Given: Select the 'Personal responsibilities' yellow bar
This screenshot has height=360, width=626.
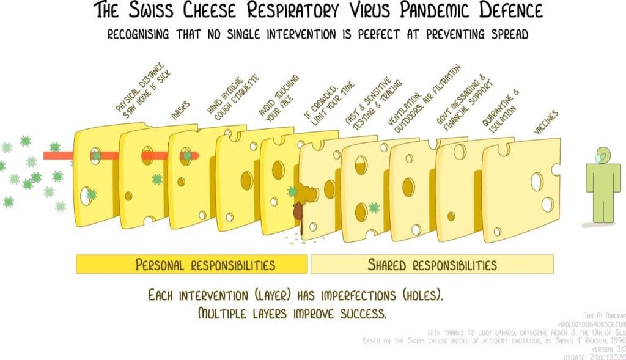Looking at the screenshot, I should point(192,264).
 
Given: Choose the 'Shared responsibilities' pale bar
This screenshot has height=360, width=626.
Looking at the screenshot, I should point(432,264).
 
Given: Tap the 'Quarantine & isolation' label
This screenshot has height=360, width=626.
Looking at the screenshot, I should point(500,111).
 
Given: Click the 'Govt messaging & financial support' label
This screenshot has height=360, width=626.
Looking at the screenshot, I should point(460,101).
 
